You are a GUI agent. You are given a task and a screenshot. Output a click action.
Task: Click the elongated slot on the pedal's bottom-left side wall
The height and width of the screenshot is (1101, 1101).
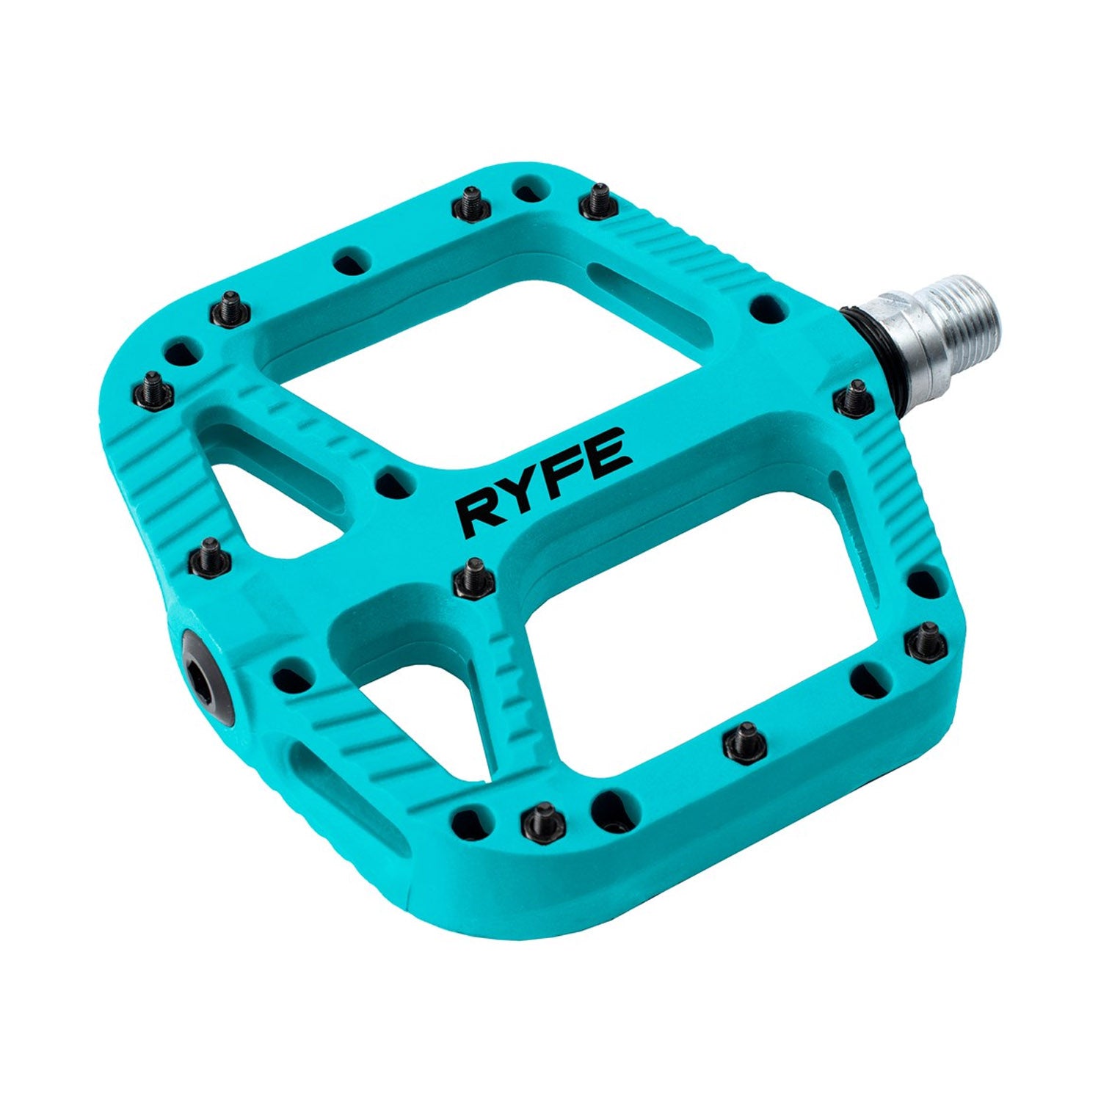pos(345,793)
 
